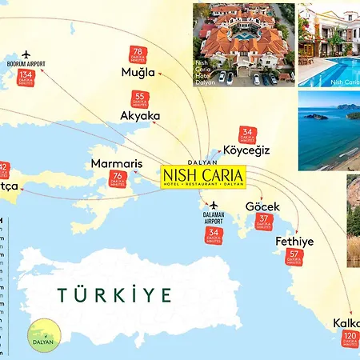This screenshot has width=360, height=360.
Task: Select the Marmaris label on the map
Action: [x=117, y=164]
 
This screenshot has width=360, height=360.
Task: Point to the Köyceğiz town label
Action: [x=247, y=150]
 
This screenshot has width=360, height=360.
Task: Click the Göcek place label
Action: [x=262, y=206]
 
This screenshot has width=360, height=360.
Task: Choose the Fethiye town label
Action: [x=294, y=241]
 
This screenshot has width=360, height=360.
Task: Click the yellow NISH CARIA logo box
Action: [x=204, y=175]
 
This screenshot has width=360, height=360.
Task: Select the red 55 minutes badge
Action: [x=139, y=99]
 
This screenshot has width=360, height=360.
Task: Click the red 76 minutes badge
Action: [x=118, y=180]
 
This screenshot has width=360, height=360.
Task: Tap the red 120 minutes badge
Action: [x=350, y=339]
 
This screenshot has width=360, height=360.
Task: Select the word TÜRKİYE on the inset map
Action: [x=114, y=294]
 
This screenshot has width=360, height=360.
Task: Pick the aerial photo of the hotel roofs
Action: [x=243, y=43]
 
